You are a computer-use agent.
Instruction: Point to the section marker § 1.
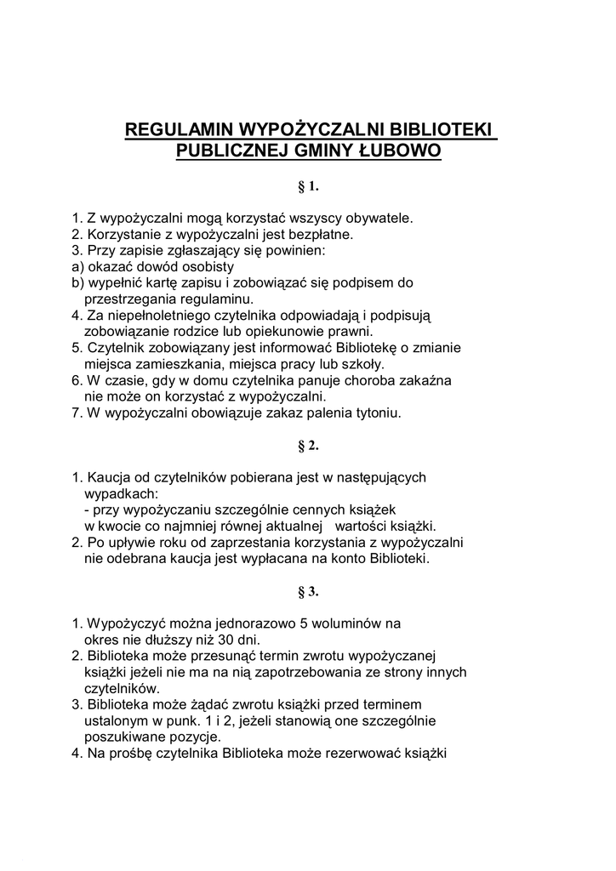(307, 185)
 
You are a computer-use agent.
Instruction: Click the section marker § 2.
(307, 445)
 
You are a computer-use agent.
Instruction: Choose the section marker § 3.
(307, 591)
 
